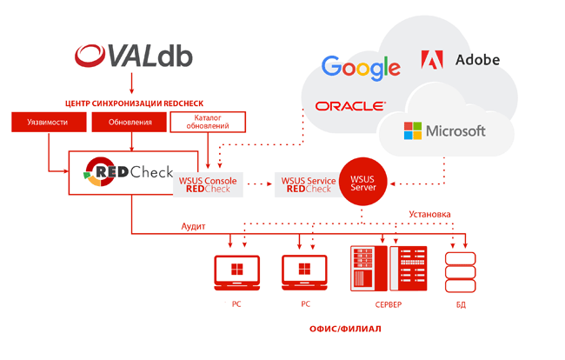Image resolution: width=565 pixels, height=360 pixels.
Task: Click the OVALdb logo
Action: (x=133, y=57)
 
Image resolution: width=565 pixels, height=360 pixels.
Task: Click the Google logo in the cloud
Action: (x=361, y=68)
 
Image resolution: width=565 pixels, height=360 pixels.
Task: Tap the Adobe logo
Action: (x=460, y=60)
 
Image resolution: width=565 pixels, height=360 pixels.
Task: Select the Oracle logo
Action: (x=350, y=106)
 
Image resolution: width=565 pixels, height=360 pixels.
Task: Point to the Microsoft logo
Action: (x=444, y=131)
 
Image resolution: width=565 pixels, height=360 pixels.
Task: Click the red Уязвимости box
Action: (x=47, y=122)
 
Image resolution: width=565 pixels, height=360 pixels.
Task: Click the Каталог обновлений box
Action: (x=207, y=122)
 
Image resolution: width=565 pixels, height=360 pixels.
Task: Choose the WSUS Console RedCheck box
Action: (x=209, y=183)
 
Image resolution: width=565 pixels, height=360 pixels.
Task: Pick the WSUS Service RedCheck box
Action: (x=309, y=183)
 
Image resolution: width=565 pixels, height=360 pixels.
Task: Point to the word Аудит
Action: (x=193, y=225)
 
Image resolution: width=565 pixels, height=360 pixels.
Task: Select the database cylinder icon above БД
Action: (x=461, y=271)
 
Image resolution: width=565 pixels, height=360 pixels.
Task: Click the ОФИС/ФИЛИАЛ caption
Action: (x=345, y=330)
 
